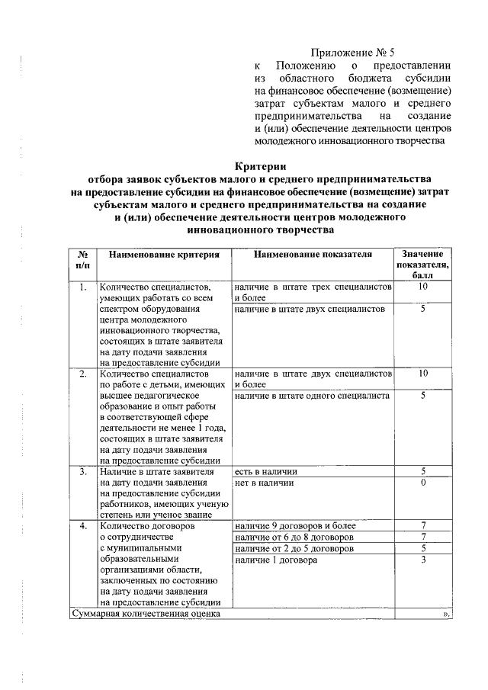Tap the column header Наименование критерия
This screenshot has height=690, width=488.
[x=163, y=254]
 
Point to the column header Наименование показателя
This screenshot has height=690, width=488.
[x=313, y=254]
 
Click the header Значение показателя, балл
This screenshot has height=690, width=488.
[x=422, y=264]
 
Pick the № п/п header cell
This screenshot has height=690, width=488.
[x=82, y=259]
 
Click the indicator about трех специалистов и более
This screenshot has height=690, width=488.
[x=313, y=292]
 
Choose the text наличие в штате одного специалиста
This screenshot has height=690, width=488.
[x=313, y=396]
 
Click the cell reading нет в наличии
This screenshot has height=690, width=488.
[x=264, y=483]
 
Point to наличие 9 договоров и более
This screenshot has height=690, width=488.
[x=288, y=526]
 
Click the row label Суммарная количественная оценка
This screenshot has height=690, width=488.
[x=146, y=612]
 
